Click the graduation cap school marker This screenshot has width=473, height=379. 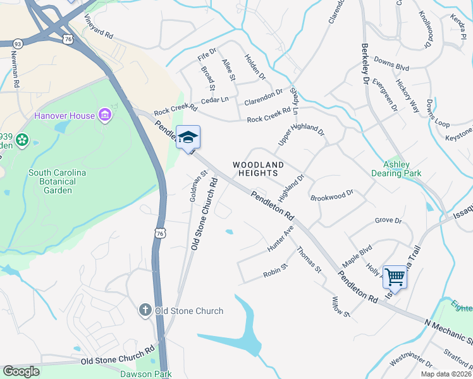click(x=188, y=137)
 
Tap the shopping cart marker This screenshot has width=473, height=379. click(x=395, y=276)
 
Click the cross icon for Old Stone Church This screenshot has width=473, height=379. click(x=145, y=310)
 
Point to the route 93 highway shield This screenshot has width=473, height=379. click(x=18, y=44)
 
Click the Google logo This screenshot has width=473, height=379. click(x=21, y=371)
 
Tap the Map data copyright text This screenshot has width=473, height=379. click(x=448, y=374)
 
